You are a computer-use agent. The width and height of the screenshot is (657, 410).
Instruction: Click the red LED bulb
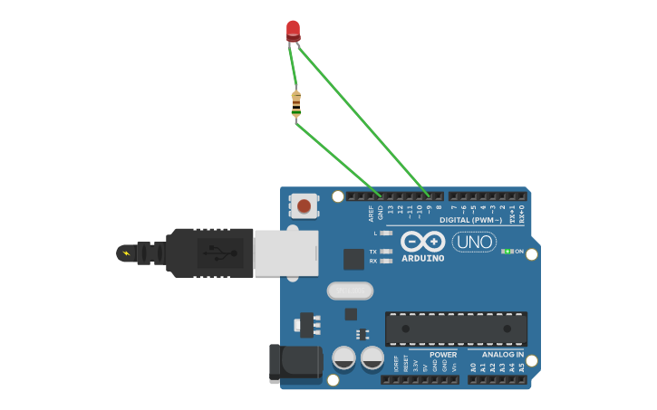click(293, 31)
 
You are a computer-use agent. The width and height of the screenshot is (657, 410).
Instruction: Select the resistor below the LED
click(296, 104)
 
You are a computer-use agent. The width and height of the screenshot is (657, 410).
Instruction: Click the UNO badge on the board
click(474, 242)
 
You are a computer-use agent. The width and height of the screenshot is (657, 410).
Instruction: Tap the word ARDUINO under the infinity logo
click(423, 258)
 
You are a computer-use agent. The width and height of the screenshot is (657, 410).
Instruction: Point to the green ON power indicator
click(507, 251)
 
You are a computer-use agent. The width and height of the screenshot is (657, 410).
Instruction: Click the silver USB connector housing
click(285, 253)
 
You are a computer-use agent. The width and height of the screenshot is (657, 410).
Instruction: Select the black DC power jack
click(295, 363)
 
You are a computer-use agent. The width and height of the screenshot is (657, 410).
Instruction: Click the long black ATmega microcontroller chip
click(456, 329)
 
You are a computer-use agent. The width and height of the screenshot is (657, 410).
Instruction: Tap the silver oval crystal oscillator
click(350, 291)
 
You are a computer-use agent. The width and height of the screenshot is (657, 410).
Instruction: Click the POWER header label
click(443, 355)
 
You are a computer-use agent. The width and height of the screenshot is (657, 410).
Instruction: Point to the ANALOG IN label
click(503, 355)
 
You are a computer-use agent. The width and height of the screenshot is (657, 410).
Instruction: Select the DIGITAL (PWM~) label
click(470, 220)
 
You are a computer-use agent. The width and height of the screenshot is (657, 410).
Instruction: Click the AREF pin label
click(372, 214)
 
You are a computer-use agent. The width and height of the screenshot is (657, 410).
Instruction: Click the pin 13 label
click(391, 211)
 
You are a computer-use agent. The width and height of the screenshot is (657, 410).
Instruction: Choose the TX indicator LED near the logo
click(387, 252)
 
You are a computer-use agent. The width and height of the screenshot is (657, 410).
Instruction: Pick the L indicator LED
click(387, 233)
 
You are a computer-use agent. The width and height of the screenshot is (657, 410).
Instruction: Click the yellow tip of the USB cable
click(125, 253)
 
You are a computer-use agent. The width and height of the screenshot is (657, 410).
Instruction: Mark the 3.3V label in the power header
click(416, 367)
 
